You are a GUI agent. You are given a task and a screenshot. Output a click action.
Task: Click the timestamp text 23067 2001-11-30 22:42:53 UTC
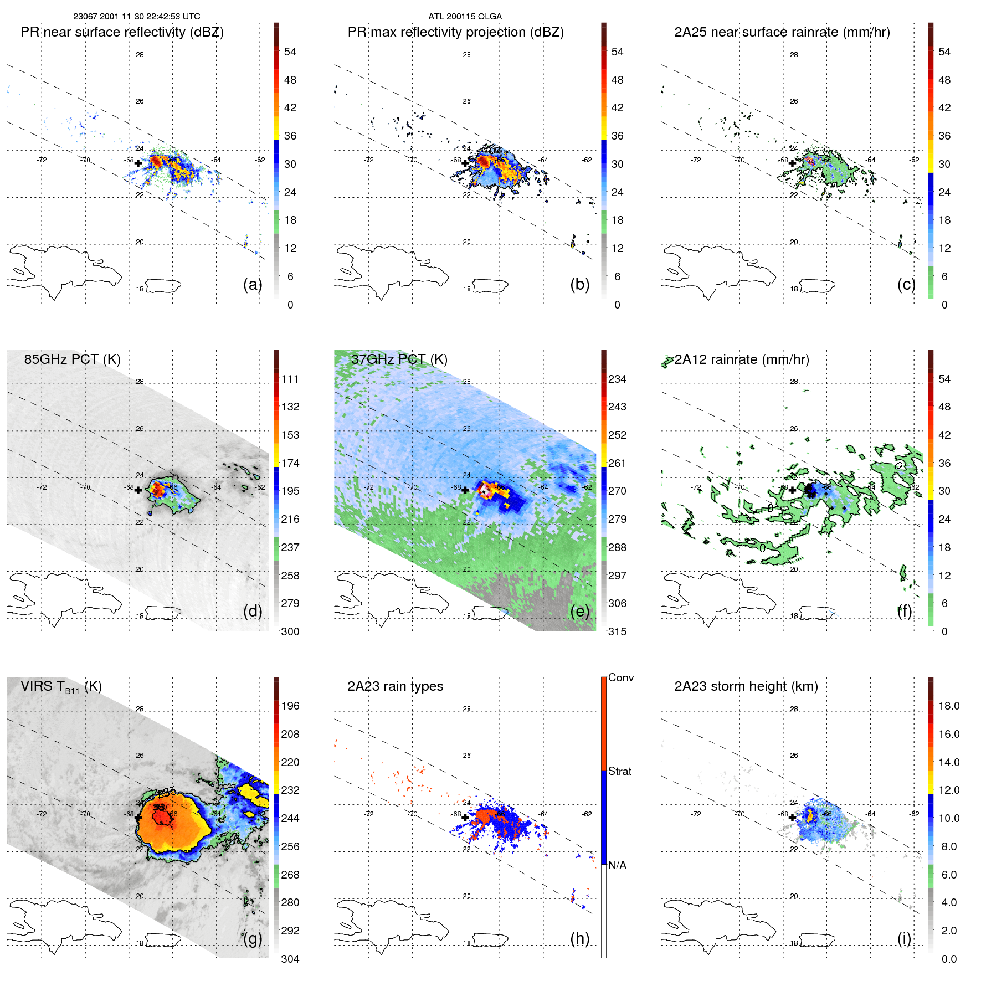click(136, 17)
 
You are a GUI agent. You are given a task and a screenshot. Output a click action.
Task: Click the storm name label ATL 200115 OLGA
click(465, 17)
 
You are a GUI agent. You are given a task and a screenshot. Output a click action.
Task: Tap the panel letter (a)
click(253, 284)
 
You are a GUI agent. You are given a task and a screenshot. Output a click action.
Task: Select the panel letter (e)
click(579, 611)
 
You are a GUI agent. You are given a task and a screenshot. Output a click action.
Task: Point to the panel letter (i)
click(904, 938)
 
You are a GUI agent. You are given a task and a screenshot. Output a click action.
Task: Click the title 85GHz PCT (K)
click(72, 359)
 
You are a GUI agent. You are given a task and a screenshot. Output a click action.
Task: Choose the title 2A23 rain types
click(395, 686)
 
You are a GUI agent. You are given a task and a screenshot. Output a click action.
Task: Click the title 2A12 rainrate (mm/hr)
click(741, 359)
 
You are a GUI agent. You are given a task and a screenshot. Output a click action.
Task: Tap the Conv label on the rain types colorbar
click(621, 677)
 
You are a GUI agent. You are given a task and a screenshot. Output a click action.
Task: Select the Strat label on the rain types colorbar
click(620, 771)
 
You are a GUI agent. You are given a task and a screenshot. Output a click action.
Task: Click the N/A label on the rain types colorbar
click(617, 865)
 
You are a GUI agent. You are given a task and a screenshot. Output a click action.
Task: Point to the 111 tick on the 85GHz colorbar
click(290, 379)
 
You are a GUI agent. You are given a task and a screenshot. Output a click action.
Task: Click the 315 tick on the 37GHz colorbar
click(617, 631)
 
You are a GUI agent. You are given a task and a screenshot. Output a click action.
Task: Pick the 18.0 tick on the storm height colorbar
click(949, 706)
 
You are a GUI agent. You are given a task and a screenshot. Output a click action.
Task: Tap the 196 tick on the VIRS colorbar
click(290, 706)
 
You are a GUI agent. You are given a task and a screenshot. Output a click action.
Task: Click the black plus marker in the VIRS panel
click(138, 817)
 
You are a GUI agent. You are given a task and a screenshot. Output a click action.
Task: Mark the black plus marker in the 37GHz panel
click(465, 490)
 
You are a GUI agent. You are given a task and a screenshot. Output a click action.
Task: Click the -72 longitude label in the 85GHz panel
click(42, 487)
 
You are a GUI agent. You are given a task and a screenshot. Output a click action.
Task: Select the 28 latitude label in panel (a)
click(140, 55)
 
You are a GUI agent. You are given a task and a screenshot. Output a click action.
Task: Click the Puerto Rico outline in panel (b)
click(490, 286)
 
